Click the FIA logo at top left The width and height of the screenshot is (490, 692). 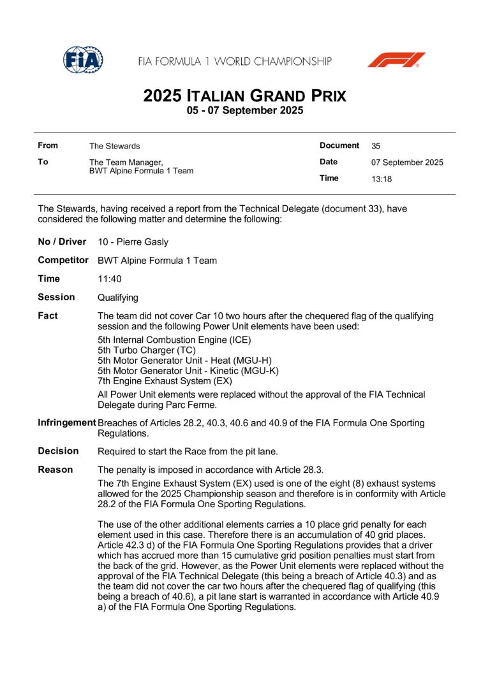coord(83,61)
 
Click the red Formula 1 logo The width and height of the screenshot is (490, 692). coord(396,61)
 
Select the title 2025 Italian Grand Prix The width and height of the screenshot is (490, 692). coord(245,96)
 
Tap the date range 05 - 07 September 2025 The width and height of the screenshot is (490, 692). coord(245,111)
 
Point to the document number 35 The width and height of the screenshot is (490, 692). coord(376,146)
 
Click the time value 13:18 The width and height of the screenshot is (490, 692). coord(382,179)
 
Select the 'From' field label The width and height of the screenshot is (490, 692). coord(48,146)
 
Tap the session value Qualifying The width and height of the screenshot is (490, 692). coord(118,298)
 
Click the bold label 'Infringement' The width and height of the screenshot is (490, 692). coord(67,422)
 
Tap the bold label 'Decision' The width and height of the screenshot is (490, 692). coord(58,451)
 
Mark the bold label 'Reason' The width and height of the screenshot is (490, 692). coord(56,470)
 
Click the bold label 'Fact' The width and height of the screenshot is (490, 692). coord(48,315)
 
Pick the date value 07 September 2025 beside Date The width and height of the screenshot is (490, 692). coord(407,162)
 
